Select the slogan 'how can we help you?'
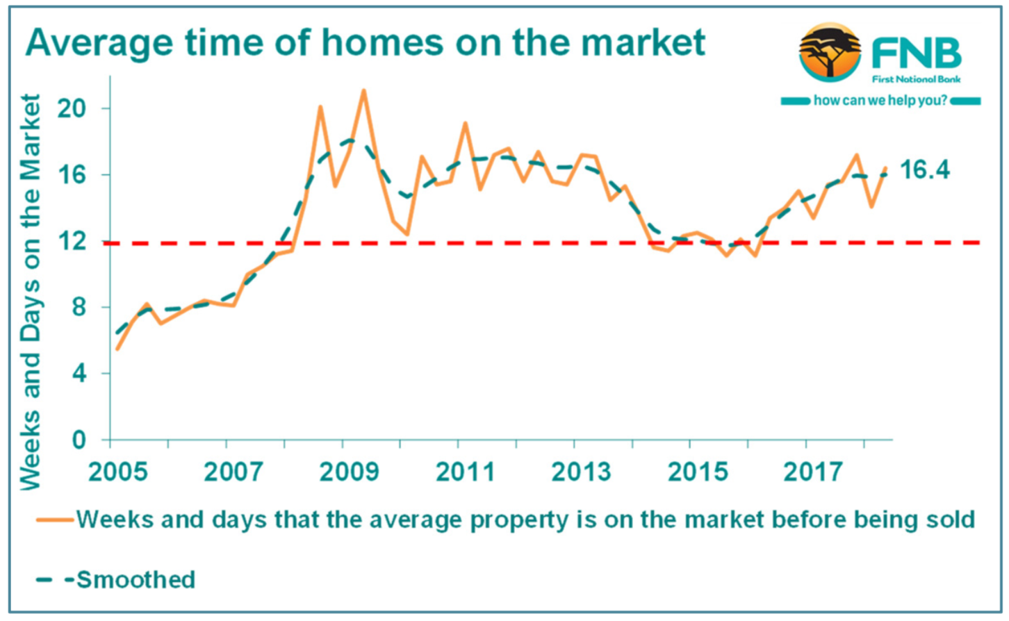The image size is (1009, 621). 880,101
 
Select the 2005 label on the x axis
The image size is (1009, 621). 118,472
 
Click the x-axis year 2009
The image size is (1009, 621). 350,472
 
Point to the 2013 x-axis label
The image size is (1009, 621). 581,472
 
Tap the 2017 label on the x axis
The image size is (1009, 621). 812,472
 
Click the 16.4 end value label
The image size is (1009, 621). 924,169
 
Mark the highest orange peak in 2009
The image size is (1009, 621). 363,90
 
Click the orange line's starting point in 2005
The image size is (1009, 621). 117,349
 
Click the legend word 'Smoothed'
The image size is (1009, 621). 136,579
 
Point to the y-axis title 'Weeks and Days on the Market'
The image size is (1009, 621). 31,292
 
